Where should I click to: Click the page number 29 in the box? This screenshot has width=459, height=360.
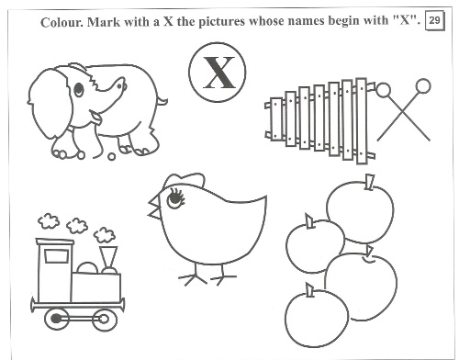(x=434, y=20)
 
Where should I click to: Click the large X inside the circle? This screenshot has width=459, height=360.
(x=218, y=73)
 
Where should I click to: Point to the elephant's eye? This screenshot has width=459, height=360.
(x=79, y=89)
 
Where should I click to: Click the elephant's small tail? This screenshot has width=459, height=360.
(x=162, y=101)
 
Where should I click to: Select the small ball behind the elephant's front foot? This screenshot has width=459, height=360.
(x=112, y=156)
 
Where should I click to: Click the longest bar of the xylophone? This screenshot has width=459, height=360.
(x=362, y=121)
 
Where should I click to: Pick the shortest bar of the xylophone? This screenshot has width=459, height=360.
(x=276, y=118)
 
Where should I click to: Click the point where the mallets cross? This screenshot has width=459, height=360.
(x=402, y=112)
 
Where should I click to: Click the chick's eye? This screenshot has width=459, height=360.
(x=174, y=198)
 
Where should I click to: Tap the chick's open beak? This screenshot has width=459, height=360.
(x=154, y=208)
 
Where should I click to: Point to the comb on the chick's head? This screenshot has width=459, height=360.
(x=184, y=180)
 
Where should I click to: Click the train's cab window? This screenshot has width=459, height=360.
(x=56, y=256)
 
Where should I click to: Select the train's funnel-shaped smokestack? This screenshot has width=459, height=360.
(x=108, y=258)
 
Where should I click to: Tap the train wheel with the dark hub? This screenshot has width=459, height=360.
(x=57, y=319)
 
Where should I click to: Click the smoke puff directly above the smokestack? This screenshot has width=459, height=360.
(x=105, y=235)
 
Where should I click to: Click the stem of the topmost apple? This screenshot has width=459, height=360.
(x=369, y=183)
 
